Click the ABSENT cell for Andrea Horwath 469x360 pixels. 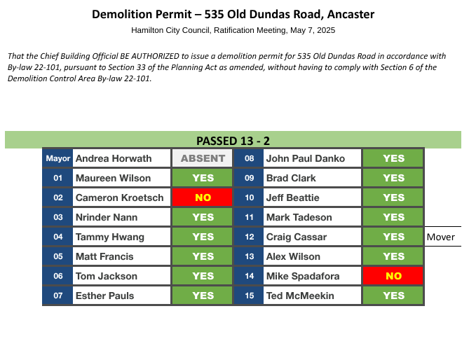tap(202, 158)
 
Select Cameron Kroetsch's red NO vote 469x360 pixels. tap(202, 198)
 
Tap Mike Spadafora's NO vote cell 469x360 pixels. tap(393, 276)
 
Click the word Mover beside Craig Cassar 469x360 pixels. tap(440, 237)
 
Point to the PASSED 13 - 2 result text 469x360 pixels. tap(233, 141)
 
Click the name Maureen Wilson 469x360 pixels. tap(113, 178)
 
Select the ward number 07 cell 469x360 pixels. tap(57, 296)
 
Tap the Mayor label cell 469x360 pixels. tap(57, 158)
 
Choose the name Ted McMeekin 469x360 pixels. tap(300, 296)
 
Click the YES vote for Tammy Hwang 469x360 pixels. tap(202, 237)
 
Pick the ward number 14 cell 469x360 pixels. tap(249, 276)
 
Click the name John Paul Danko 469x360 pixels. tap(306, 158)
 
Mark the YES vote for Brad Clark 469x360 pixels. tap(393, 178)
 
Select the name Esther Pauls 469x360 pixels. tap(104, 296)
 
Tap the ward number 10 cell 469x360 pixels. tap(249, 198)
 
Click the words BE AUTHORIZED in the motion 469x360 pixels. tap(149, 56)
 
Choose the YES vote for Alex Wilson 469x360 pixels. tap(393, 256)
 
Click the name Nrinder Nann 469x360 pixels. tap(107, 217)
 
